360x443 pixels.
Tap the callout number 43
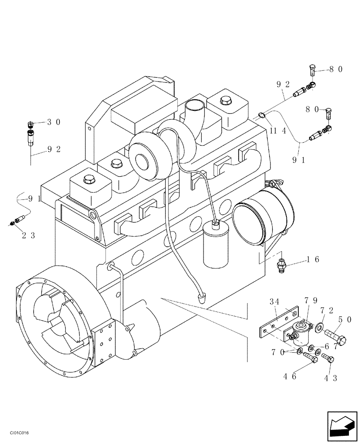pos(330,378)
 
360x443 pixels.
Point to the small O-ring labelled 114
pos(262,116)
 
